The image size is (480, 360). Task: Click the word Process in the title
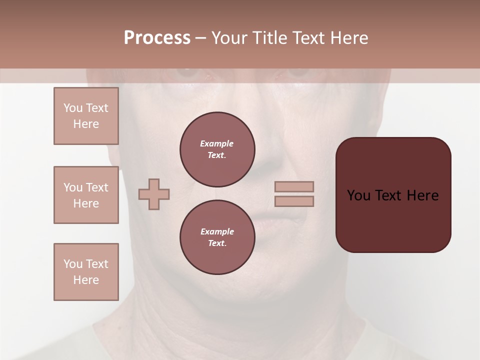pyautogui.click(x=157, y=38)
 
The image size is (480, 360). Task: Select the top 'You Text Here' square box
pyautogui.click(x=86, y=116)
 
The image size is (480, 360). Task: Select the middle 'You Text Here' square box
pyautogui.click(x=86, y=195)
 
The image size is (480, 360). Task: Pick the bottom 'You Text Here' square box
pyautogui.click(x=86, y=272)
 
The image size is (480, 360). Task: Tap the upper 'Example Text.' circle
pyautogui.click(x=217, y=149)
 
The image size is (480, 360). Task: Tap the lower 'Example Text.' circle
pyautogui.click(x=217, y=237)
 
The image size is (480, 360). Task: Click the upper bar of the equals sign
pyautogui.click(x=294, y=186)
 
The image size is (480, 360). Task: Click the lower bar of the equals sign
pyautogui.click(x=294, y=201)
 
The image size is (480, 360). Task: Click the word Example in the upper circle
pyautogui.click(x=217, y=143)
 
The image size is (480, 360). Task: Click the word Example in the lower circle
pyautogui.click(x=217, y=231)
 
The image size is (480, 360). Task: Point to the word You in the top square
pyautogui.click(x=73, y=108)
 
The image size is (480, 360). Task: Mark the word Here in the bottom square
pyautogui.click(x=86, y=280)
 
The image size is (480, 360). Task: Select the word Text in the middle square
pyautogui.click(x=97, y=187)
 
